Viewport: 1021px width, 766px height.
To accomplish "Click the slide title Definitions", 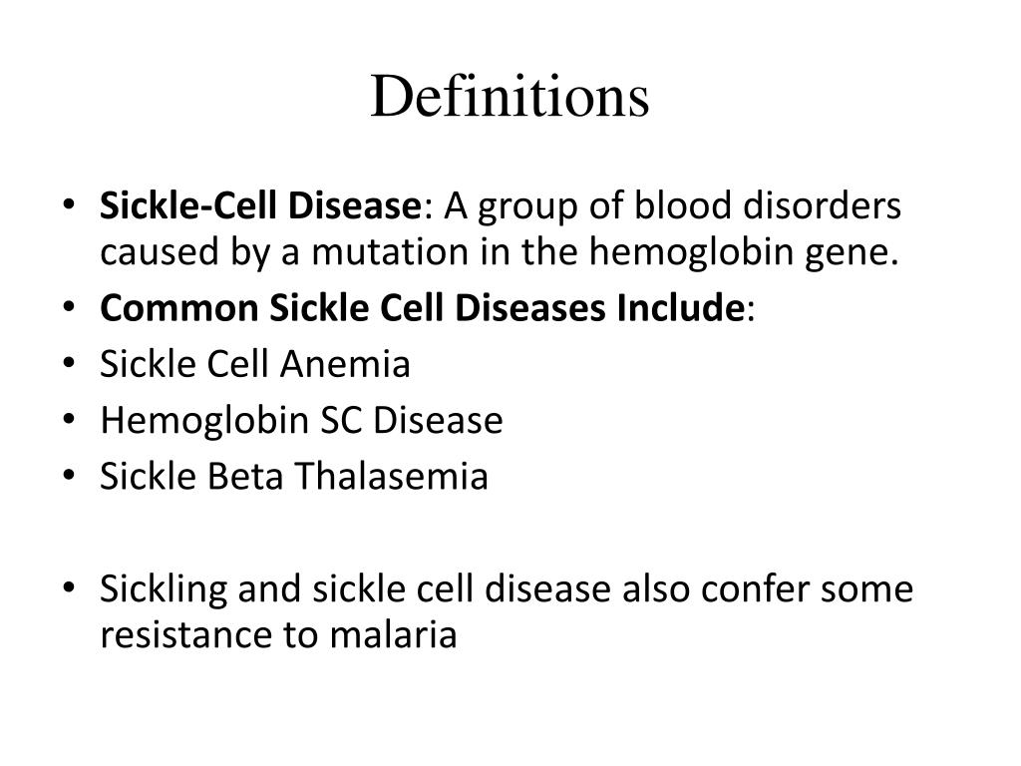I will [510, 98].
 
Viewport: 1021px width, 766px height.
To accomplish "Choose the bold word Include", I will [681, 309].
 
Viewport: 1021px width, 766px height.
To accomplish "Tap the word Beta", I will [245, 477].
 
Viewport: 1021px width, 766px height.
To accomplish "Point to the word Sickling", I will [165, 590].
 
